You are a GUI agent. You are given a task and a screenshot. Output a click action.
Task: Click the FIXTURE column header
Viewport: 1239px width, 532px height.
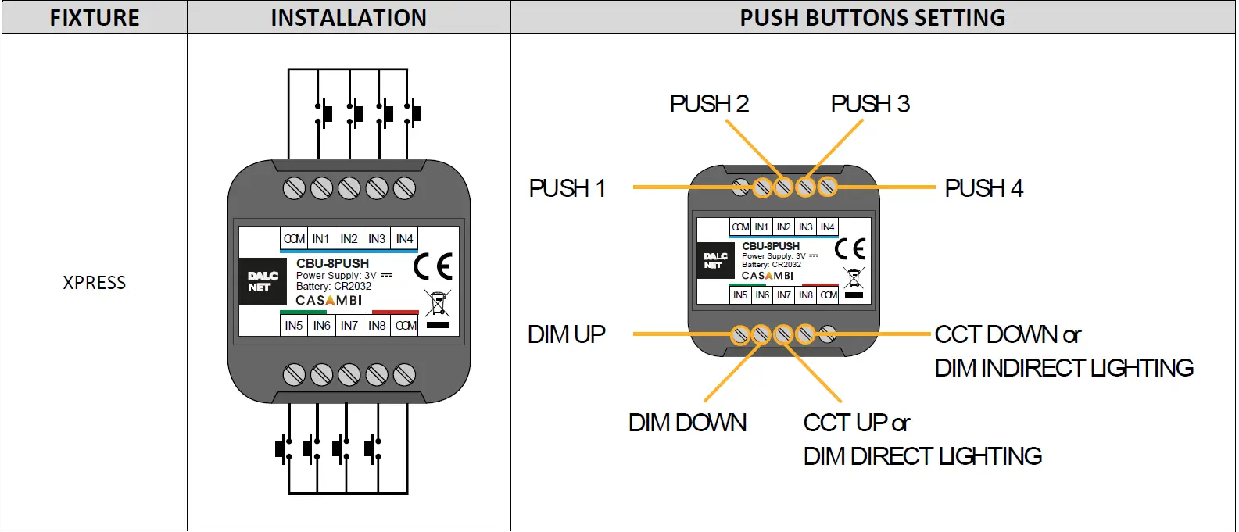[95, 17]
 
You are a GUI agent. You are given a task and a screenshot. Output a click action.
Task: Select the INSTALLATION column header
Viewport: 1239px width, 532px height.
[349, 17]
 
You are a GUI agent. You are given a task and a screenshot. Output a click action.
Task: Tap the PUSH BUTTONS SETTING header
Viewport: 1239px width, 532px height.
[872, 17]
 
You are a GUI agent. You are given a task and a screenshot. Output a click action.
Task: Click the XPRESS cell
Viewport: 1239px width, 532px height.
[95, 283]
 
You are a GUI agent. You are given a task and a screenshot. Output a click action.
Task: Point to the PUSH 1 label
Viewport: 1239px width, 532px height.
[568, 188]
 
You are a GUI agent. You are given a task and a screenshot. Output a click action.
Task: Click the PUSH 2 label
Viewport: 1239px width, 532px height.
[709, 104]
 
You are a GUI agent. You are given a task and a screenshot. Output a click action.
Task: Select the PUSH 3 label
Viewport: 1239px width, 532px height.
[870, 104]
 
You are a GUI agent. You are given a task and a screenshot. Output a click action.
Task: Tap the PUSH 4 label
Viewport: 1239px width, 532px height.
[983, 188]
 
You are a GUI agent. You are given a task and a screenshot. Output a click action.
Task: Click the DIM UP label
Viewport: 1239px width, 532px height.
[567, 334]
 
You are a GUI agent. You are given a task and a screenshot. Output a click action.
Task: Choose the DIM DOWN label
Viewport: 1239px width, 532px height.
[687, 423]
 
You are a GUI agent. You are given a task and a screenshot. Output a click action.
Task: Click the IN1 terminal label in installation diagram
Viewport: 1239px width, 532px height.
[320, 239]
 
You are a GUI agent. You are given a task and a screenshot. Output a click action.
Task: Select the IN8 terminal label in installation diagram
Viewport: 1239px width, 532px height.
[377, 326]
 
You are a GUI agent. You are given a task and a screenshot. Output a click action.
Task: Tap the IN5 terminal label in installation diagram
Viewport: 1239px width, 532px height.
[294, 326]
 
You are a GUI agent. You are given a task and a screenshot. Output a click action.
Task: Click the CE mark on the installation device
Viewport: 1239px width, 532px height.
[432, 266]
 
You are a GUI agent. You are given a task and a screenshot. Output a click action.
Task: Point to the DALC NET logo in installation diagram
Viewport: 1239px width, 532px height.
[263, 281]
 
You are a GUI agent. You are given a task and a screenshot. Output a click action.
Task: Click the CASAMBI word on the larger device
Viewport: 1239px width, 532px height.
[328, 301]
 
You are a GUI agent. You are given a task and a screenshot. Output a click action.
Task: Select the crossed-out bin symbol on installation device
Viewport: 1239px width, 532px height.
[438, 304]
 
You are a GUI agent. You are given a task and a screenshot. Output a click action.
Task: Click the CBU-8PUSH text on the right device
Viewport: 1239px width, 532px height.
[771, 246]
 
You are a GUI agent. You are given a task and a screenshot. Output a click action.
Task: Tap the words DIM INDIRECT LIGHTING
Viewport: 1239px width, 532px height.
[1064, 368]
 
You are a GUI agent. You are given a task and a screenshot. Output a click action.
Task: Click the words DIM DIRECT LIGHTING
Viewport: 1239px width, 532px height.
[922, 456]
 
